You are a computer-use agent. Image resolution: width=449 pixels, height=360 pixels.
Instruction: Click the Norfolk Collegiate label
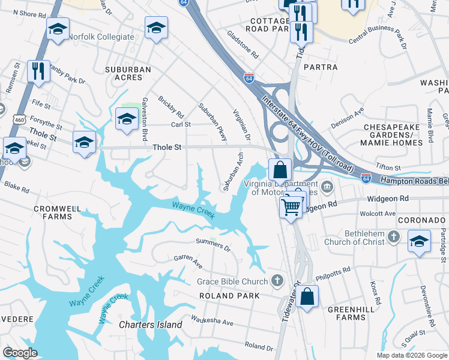tap(101, 37)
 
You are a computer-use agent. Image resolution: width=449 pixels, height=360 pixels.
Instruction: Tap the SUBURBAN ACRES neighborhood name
tap(128, 74)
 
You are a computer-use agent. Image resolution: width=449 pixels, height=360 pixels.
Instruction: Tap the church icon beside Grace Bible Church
tap(277, 280)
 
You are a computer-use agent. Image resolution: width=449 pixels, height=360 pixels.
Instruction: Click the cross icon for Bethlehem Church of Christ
tap(394, 236)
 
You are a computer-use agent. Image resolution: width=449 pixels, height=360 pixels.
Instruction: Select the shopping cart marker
tap(291, 207)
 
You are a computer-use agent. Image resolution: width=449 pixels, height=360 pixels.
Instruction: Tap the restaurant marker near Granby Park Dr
tap(38, 71)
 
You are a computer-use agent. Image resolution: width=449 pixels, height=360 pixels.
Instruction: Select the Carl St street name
tap(181, 125)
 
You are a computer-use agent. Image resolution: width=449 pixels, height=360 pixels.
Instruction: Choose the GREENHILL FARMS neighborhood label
tap(351, 314)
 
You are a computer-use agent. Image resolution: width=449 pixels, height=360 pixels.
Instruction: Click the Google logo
tap(20, 353)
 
